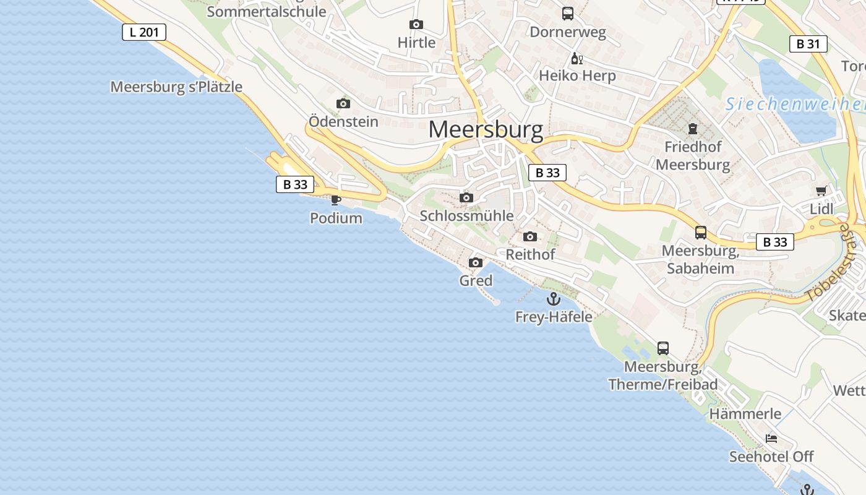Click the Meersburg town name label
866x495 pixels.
[486, 130]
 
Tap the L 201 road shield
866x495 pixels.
[144, 32]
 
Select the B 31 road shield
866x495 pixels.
[808, 44]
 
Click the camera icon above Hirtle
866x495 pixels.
[416, 25]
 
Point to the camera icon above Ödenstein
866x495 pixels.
[343, 103]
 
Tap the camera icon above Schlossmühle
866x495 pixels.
[466, 198]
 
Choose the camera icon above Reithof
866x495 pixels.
[530, 236]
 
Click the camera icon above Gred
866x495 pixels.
[476, 263]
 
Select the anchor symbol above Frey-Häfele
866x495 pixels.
[553, 299]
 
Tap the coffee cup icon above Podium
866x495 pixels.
[335, 200]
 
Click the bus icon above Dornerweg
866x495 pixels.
[567, 13]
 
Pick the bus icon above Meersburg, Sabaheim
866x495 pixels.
[700, 233]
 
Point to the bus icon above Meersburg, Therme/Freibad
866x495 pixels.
[662, 348]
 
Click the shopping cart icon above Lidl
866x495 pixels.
[821, 191]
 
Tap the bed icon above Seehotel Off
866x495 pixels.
[771, 439]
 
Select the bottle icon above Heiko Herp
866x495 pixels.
[577, 59]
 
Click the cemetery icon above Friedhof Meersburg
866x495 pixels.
[692, 129]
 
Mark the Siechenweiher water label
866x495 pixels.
[795, 104]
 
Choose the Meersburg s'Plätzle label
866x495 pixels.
[176, 87]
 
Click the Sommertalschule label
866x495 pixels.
[266, 11]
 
